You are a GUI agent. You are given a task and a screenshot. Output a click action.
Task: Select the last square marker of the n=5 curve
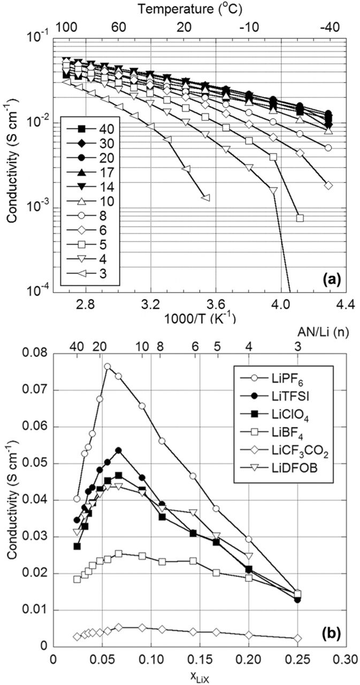coord(300,218)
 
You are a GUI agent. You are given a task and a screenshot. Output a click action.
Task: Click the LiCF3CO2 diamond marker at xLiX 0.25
coord(298,638)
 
